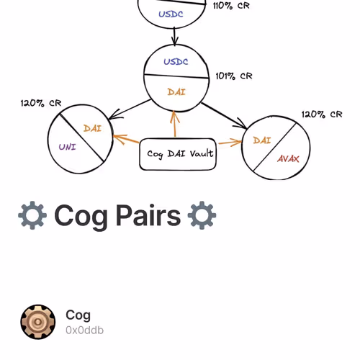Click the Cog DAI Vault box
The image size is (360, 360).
(178, 154)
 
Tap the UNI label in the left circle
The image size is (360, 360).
(68, 147)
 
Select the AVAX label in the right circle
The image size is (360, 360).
(288, 158)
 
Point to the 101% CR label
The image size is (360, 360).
(234, 76)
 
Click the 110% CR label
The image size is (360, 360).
(231, 6)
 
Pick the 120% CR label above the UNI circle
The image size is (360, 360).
(41, 103)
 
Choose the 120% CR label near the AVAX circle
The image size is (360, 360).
(322, 114)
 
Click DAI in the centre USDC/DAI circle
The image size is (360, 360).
(176, 92)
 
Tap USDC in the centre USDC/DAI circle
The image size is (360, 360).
(176, 62)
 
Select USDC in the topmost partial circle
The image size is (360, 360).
(171, 14)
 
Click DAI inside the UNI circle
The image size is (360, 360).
(92, 128)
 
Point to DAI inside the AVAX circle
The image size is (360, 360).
(262, 140)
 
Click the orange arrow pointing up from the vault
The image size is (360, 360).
(175, 124)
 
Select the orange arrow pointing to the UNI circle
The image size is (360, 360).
(126, 139)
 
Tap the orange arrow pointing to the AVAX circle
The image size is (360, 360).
(230, 143)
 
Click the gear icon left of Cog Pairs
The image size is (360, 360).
(32, 215)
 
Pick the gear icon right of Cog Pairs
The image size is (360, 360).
(202, 215)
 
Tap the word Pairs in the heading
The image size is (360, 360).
(148, 215)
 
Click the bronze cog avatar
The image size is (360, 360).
(38, 322)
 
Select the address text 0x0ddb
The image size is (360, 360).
(84, 330)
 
